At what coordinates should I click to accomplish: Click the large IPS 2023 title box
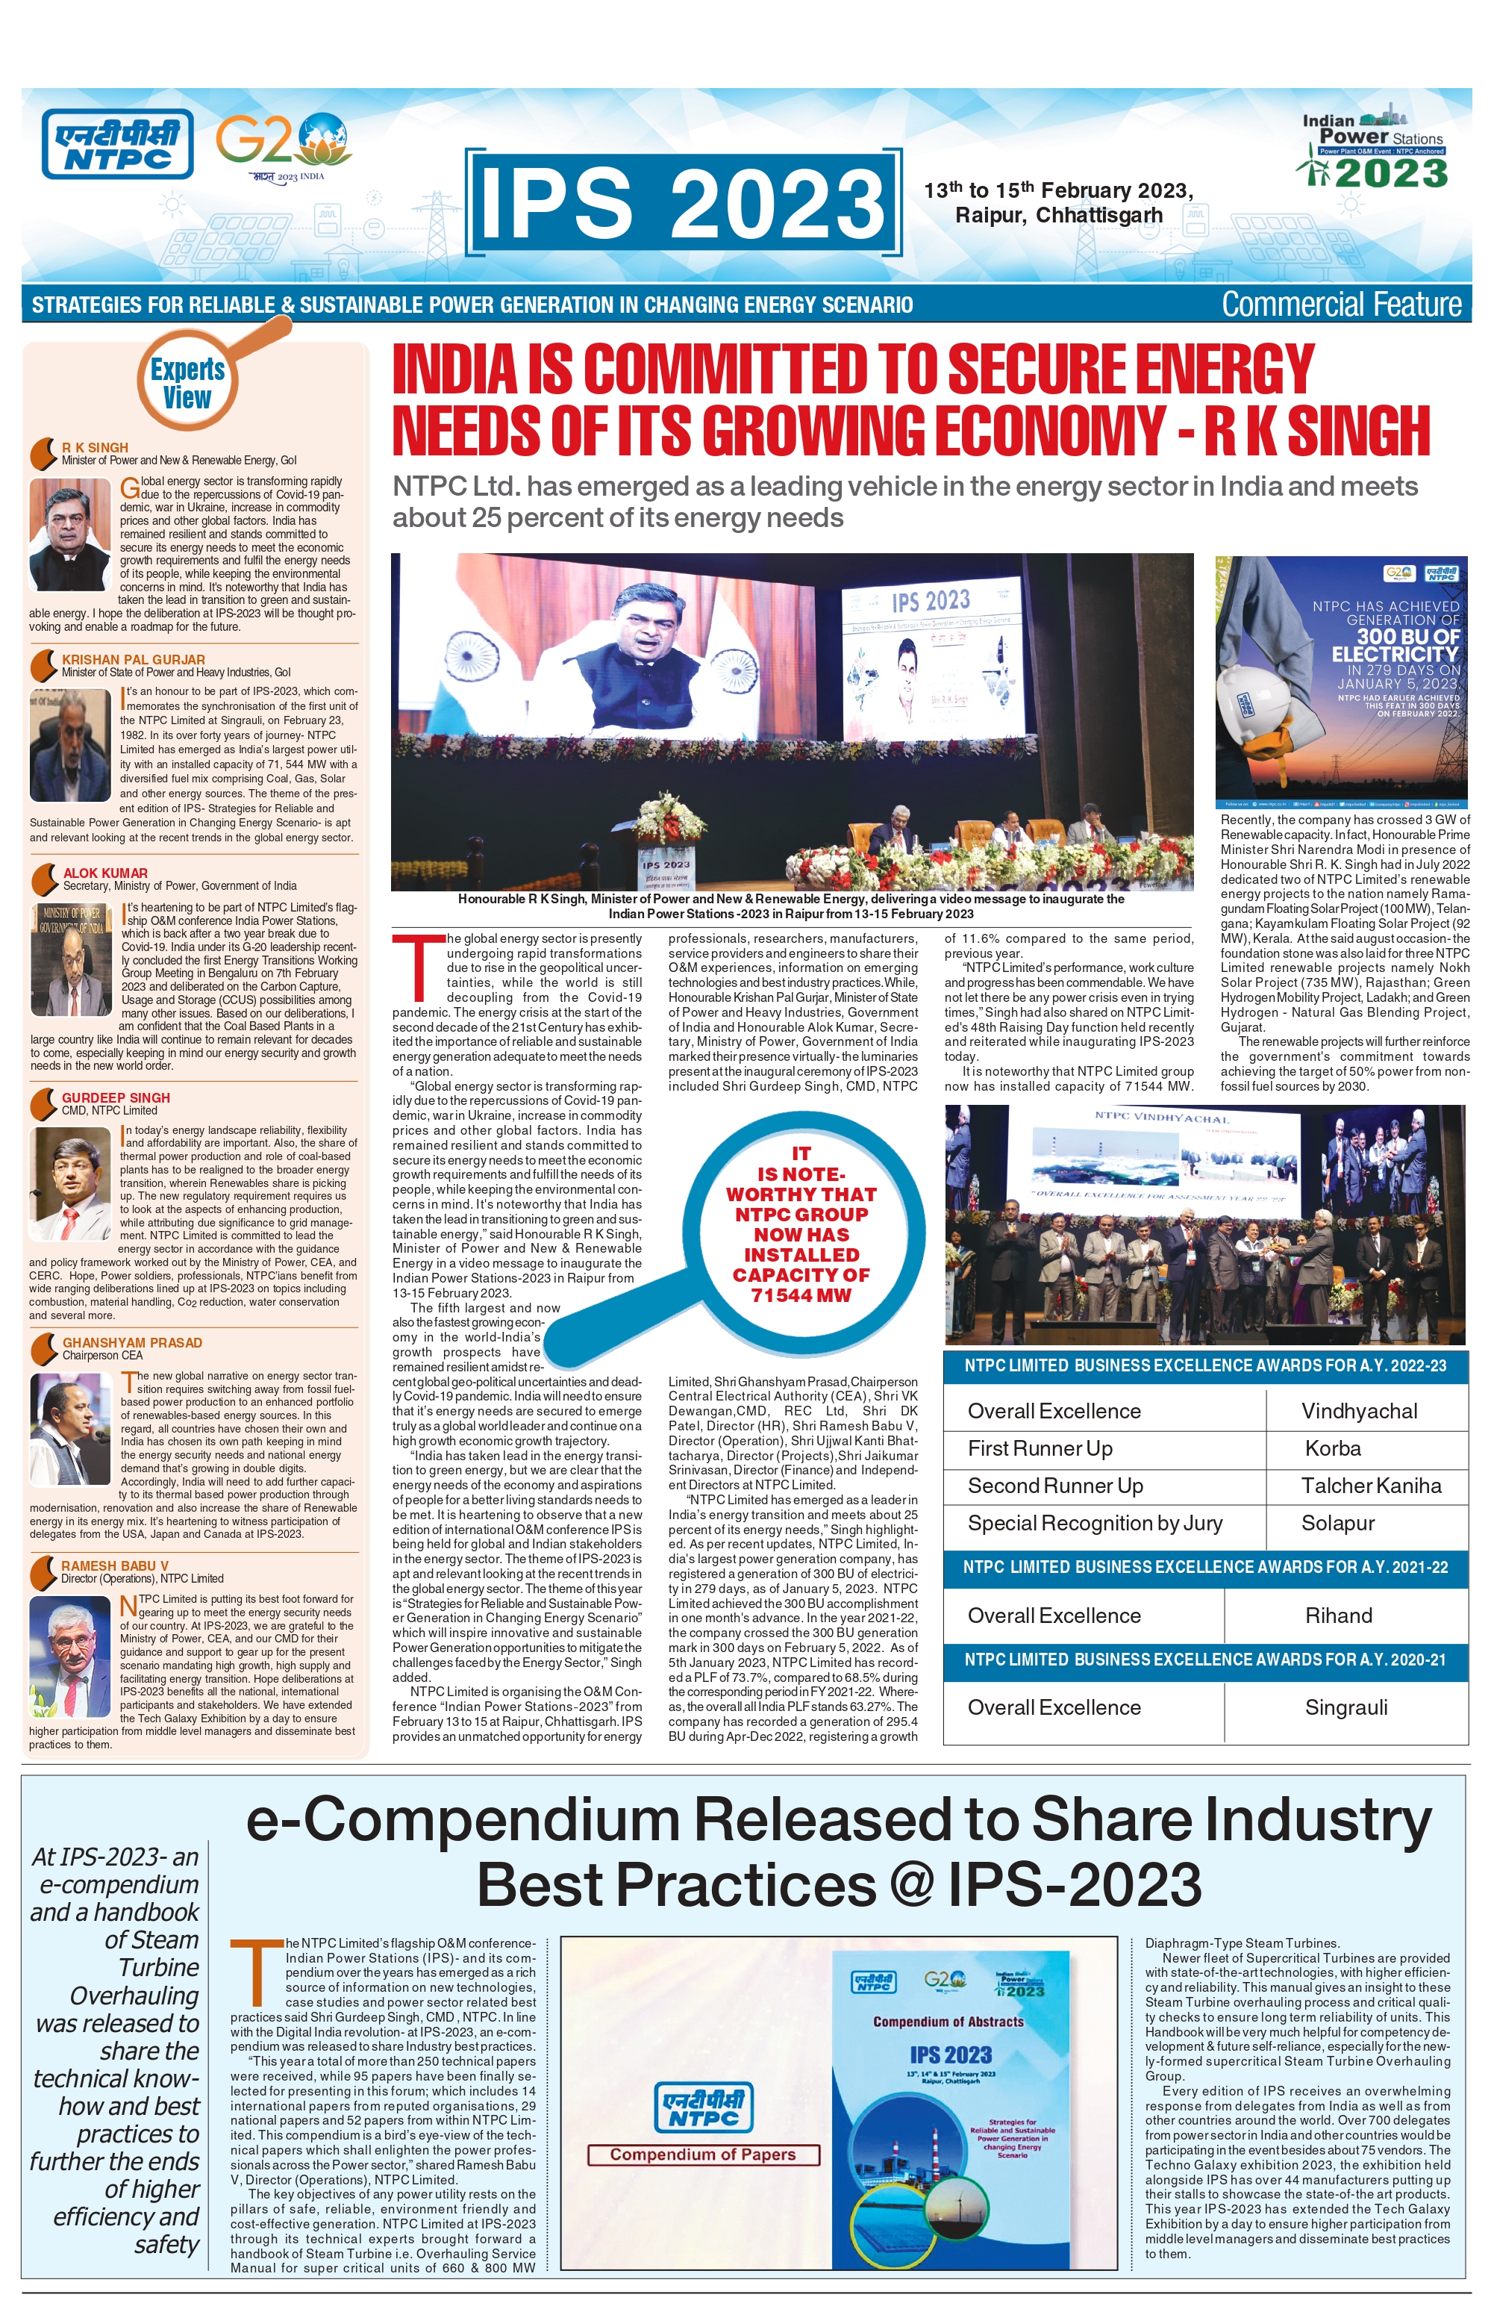point(683,201)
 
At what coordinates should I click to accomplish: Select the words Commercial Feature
point(1341,305)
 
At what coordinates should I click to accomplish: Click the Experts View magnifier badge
point(188,383)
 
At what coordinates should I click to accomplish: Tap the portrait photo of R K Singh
point(70,534)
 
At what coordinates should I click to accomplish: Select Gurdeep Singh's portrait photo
point(70,1183)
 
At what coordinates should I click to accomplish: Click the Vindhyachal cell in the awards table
point(1359,1411)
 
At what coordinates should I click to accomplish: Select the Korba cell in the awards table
point(1333,1448)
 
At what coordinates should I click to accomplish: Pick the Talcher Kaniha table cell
point(1371,1486)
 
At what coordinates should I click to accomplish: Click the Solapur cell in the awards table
point(1338,1523)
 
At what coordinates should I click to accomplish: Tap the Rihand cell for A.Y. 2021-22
point(1339,1615)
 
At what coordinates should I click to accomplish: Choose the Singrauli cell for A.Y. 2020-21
point(1345,1707)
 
